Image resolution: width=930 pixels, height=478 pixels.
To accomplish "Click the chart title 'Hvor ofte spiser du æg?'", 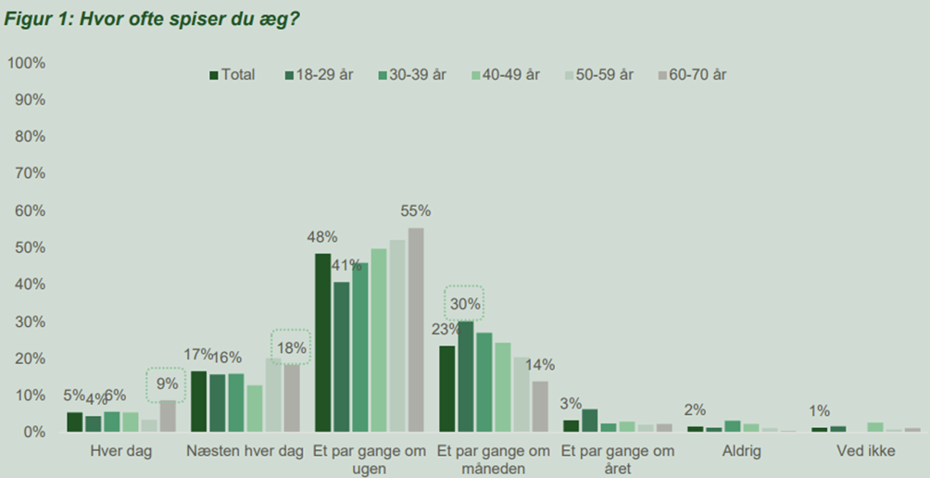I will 152,19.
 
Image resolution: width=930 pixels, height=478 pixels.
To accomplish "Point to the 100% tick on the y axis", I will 27,63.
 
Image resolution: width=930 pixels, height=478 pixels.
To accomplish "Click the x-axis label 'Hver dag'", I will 120,452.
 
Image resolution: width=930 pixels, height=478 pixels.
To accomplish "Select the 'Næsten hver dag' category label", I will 245,452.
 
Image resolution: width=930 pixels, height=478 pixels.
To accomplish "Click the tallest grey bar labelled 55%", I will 416,330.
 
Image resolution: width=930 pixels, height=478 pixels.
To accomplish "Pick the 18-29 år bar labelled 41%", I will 341,357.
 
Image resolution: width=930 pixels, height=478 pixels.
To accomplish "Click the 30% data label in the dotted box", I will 465,303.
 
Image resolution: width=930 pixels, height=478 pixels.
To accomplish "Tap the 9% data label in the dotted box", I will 167,383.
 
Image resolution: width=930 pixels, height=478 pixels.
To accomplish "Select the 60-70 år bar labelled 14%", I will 540,407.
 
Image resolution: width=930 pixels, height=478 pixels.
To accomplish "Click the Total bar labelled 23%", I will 446,389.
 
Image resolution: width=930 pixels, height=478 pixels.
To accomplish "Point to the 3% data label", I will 571,404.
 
